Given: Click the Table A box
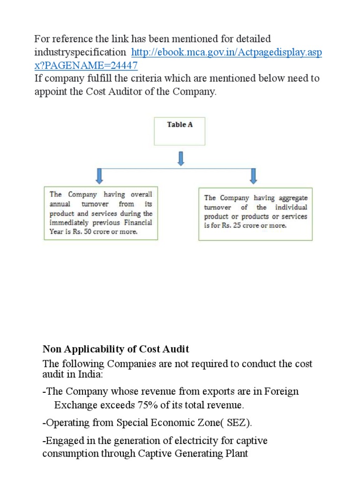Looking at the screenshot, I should click(x=180, y=131).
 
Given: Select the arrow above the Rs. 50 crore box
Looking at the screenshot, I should click(x=99, y=175).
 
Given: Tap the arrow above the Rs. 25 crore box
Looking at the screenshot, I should click(x=254, y=175).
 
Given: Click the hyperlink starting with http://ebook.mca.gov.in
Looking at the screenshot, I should click(x=226, y=52).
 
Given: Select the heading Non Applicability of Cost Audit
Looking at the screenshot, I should click(x=116, y=349).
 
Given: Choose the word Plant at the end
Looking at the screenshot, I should click(x=233, y=454).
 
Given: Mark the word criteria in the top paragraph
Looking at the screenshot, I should click(x=139, y=78).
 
